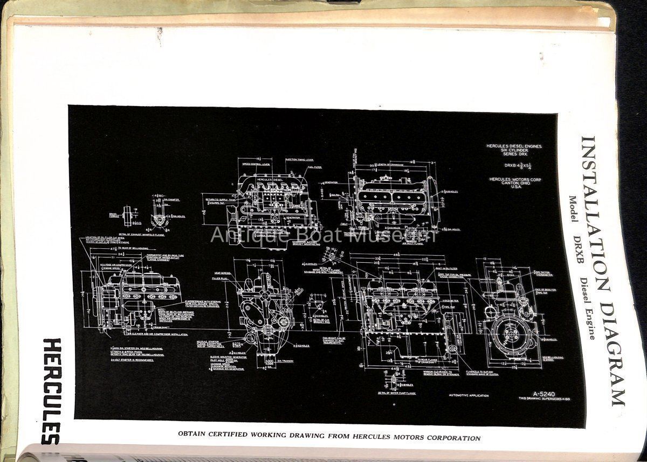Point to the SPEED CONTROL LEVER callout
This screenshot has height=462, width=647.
click(x=256, y=163)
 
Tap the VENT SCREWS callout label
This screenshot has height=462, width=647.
click(x=223, y=273)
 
